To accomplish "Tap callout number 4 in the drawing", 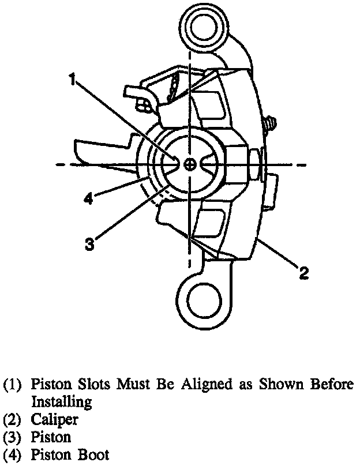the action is [88, 199].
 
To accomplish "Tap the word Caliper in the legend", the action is [54, 419].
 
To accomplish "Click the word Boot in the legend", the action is [92, 455].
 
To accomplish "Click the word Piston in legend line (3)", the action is [50, 437].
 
